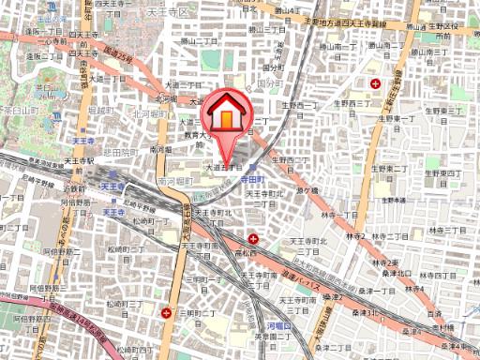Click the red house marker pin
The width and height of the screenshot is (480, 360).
(227, 115)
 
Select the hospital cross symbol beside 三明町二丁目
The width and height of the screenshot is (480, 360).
(167, 312)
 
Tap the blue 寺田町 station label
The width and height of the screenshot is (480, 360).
(253, 175)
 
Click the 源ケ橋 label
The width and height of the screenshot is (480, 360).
(307, 189)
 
